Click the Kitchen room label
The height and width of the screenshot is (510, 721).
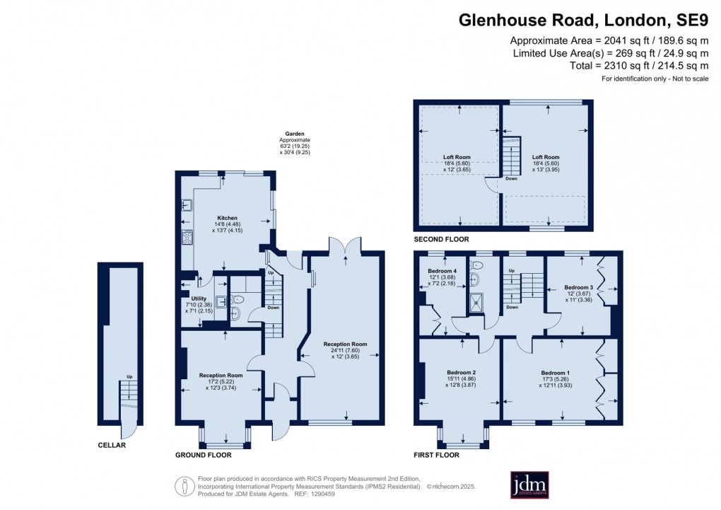point(227,218)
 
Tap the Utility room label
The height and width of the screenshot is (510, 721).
point(199,299)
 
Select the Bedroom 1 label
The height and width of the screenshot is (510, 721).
point(555,373)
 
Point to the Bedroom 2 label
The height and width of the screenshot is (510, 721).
point(461,373)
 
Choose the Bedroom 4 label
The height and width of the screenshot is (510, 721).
point(442,272)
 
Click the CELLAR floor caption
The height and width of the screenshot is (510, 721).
point(112,445)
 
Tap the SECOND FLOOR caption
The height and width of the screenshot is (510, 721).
point(442,240)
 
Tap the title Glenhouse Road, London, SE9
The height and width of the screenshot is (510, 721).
point(584,21)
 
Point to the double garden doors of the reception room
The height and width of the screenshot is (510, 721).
point(345,245)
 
